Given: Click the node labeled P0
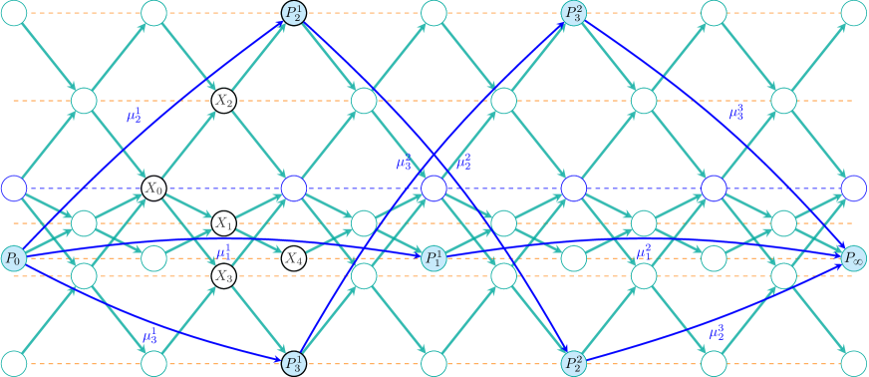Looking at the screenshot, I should click(14, 259).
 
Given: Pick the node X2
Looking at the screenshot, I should click(223, 101).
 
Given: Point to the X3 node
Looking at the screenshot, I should click(223, 275).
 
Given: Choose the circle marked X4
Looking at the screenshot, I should click(293, 259).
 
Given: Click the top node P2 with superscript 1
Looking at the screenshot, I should click(293, 13).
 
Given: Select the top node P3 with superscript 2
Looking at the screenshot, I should click(573, 13).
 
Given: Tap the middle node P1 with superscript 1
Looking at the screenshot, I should click(434, 259).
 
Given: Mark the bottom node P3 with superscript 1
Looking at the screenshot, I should click(293, 363).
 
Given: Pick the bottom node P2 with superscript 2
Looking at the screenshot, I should click(573, 363).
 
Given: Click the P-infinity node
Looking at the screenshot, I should click(853, 259).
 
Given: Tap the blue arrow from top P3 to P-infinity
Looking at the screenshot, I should click(718, 140).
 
